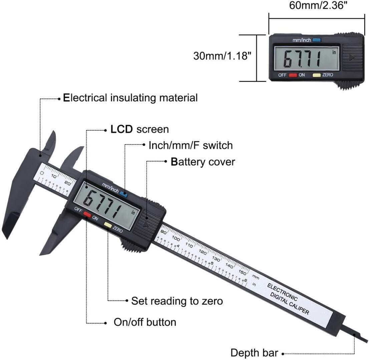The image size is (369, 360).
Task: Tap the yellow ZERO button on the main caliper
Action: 108,225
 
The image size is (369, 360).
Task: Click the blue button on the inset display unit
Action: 317,40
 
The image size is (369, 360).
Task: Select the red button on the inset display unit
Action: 293,75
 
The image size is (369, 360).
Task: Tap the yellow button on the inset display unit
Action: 317,75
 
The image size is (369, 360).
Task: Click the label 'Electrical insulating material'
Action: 130,98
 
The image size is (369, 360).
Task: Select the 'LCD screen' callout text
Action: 139,129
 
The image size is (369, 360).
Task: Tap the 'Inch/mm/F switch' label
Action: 191,145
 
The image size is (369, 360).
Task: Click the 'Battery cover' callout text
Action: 203,162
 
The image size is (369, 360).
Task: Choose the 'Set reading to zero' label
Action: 177,301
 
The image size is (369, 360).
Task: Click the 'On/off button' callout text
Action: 145,322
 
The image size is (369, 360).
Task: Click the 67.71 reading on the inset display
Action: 302,60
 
